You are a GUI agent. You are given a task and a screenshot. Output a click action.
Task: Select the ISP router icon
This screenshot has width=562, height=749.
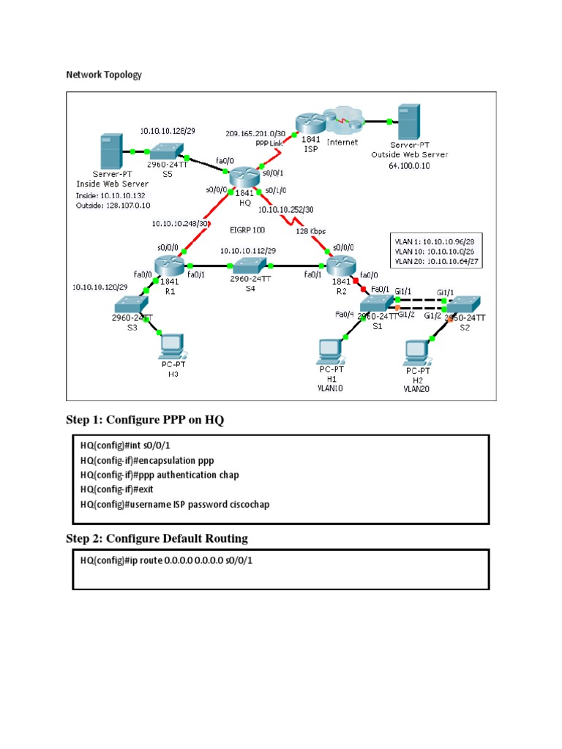[308, 120]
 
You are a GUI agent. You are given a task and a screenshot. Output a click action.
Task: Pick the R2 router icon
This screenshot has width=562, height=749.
[340, 266]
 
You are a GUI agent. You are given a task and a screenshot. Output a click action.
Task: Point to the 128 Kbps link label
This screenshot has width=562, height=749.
[310, 232]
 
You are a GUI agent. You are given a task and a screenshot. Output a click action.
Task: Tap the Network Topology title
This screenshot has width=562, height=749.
[104, 75]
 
